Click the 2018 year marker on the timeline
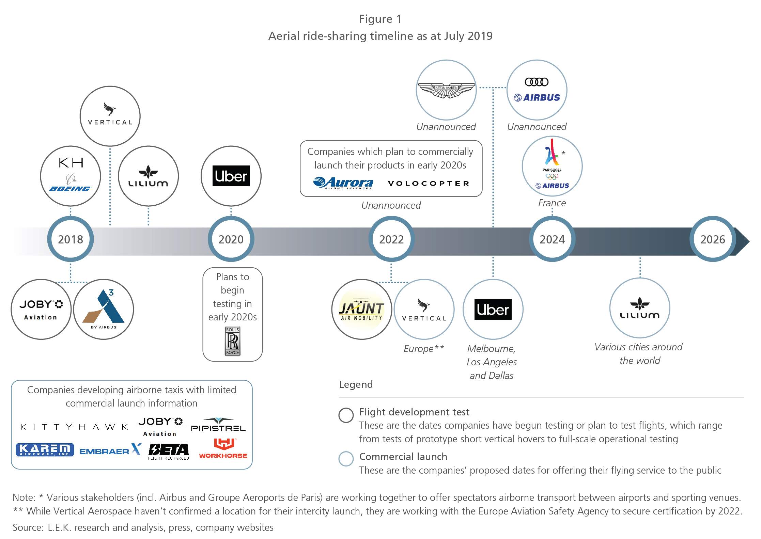71,239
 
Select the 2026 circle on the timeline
713,239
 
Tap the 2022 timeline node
391,239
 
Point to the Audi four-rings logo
537,82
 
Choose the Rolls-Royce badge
232,341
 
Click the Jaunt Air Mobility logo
361,309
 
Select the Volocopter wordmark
429,184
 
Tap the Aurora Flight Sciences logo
343,183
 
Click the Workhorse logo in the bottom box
223,448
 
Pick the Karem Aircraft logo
45,450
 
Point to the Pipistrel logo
218,424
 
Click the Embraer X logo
110,450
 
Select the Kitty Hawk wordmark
74,427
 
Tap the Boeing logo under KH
70,189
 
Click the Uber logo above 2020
231,176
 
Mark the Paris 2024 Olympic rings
552,176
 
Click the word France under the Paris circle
552,203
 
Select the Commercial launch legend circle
346,459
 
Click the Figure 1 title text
380,19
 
